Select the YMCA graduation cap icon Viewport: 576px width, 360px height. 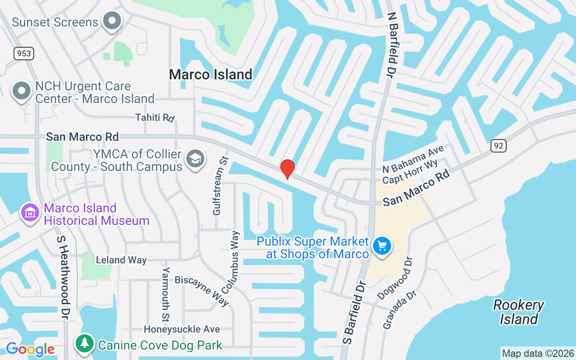(195, 159)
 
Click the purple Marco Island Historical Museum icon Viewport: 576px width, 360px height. (30, 212)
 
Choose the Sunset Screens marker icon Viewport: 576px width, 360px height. (112, 21)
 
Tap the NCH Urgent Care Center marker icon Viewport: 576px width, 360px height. (21, 90)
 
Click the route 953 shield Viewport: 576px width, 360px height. (23, 54)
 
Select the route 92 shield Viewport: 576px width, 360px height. (499, 145)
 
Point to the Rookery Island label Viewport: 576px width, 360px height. (519, 312)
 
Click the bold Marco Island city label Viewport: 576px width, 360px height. (211, 74)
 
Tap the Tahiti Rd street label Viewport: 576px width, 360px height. (155, 117)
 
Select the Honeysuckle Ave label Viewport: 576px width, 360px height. (182, 329)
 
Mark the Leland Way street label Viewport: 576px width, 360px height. (121, 260)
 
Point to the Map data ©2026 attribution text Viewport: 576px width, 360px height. (538, 353)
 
